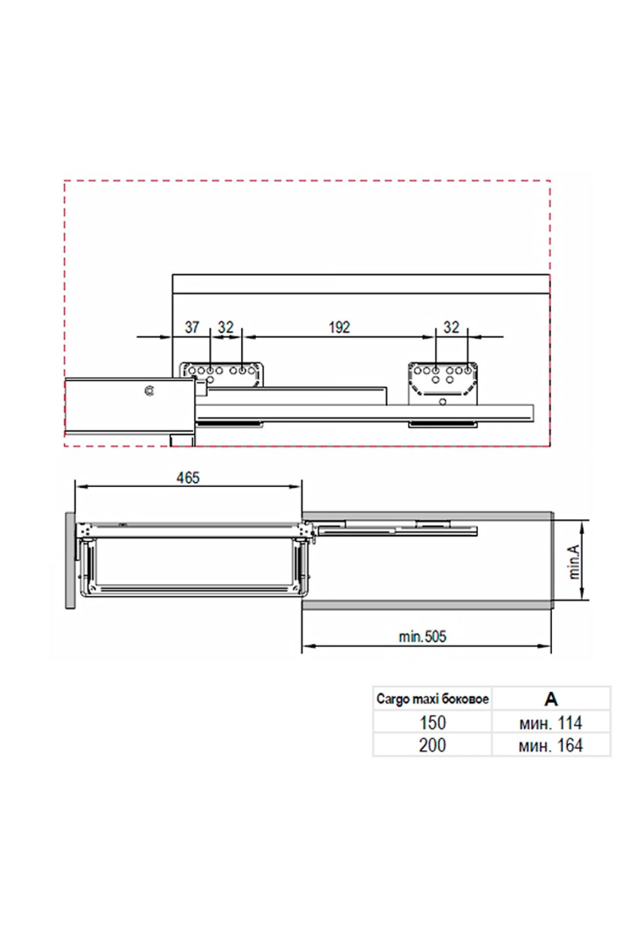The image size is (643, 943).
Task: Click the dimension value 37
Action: click(192, 327)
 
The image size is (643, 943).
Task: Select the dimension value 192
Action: click(339, 327)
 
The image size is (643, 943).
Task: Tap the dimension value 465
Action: click(188, 477)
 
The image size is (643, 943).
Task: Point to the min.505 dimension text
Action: click(422, 637)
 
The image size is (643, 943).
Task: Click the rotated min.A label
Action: click(574, 562)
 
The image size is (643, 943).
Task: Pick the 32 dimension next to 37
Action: click(226, 327)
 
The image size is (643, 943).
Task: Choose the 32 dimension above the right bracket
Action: click(452, 327)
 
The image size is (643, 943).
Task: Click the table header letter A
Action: click(551, 699)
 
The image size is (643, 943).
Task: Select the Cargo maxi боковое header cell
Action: click(432, 699)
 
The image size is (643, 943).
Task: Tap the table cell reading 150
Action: click(432, 722)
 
